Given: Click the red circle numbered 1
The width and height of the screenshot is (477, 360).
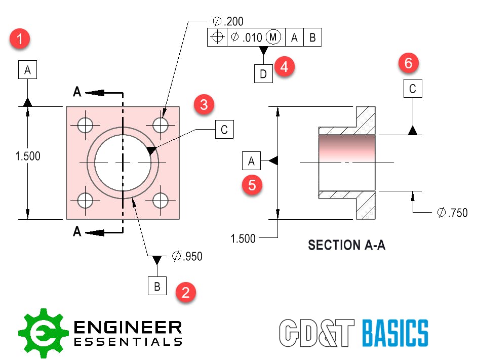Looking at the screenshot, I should (x=20, y=39).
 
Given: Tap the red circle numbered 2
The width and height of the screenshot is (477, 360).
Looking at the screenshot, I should (x=186, y=293).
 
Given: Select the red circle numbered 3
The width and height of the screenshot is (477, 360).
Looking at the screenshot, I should (x=203, y=105).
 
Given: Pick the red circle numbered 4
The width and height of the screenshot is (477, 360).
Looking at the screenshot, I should (x=284, y=67).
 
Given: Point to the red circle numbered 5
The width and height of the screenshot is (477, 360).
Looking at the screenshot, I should (x=252, y=185).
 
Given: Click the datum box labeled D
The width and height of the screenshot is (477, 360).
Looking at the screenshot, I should (x=263, y=74).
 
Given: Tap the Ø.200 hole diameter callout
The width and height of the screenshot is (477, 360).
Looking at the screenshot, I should (x=228, y=21).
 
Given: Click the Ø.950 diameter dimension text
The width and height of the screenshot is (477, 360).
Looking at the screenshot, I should (x=187, y=256).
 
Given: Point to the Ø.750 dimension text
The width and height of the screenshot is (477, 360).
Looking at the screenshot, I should (x=452, y=213).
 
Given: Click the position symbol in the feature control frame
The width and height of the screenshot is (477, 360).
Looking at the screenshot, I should (x=217, y=37).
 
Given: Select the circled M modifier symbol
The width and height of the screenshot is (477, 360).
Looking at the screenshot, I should (x=273, y=37).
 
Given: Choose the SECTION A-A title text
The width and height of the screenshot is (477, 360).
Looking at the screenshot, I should (x=347, y=246).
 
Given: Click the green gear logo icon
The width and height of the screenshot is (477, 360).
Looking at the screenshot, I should (x=43, y=333).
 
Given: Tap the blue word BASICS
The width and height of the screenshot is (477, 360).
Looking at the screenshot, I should (x=395, y=333).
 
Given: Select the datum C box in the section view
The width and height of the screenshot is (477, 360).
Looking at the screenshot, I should (x=413, y=89).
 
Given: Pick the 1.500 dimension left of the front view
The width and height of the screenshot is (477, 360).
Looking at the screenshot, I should (x=28, y=156).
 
